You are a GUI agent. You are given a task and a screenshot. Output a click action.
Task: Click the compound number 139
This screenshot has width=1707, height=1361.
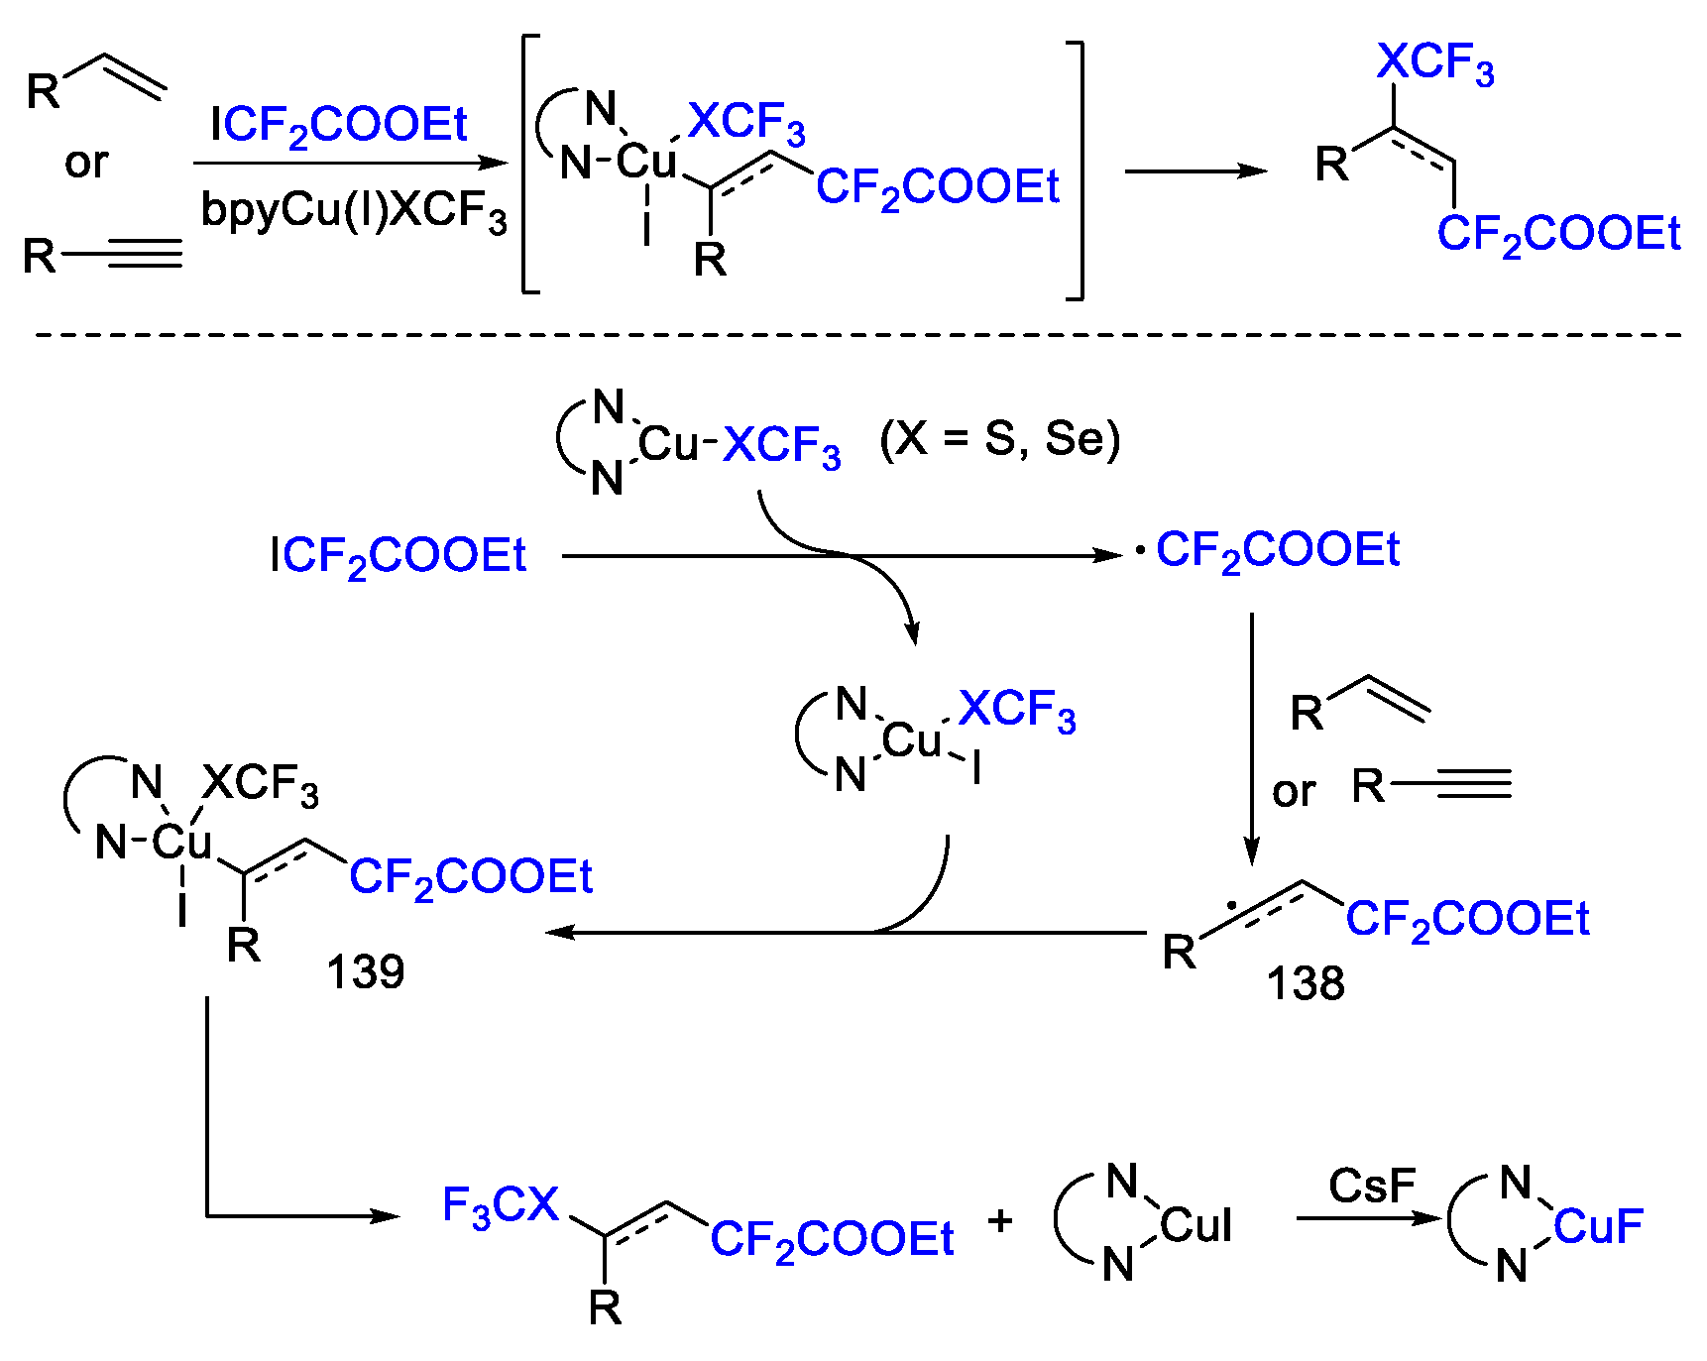click(365, 972)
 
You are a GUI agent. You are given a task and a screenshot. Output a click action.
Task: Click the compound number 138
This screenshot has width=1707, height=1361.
click(1305, 984)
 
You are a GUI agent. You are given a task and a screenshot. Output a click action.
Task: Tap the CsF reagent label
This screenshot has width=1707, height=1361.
click(1372, 1186)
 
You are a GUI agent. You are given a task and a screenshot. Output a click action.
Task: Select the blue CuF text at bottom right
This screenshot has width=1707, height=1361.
click(1598, 1226)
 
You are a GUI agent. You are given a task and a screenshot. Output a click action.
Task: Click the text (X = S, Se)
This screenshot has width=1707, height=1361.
click(999, 438)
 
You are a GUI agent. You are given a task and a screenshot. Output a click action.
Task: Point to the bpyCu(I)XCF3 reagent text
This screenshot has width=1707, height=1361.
click(354, 211)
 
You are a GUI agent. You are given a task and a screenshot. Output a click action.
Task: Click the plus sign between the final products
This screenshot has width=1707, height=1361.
click(1000, 1221)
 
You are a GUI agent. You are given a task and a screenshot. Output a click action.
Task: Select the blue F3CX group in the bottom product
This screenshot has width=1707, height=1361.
click(501, 1206)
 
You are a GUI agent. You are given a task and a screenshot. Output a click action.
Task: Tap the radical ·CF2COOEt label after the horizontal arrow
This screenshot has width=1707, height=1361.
click(1269, 551)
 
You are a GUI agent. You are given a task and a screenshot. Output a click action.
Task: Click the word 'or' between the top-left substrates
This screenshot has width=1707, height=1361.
click(86, 163)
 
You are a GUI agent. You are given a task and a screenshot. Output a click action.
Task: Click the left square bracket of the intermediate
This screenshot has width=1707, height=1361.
click(528, 165)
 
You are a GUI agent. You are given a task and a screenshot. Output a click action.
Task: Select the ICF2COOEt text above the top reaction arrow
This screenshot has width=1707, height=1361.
click(338, 126)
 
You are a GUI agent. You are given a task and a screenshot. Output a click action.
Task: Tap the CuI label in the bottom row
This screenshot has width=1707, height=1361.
click(1195, 1226)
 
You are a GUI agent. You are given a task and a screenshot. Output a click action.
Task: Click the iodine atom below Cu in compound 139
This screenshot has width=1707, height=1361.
click(182, 908)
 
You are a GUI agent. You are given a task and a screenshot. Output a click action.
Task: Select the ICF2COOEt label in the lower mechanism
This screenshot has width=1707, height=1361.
click(398, 556)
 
